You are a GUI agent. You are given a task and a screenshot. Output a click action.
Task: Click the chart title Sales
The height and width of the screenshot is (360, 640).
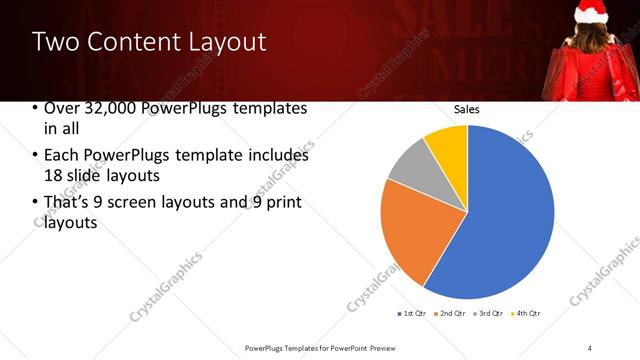point(467,108)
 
